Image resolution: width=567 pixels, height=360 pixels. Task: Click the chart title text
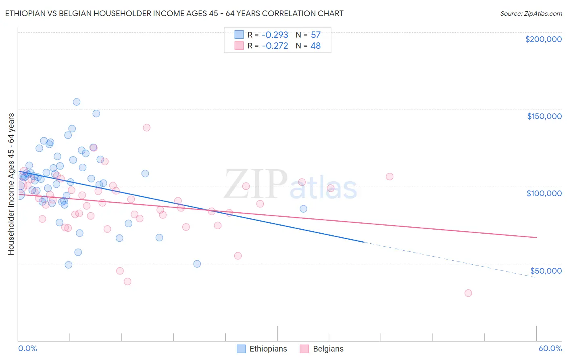(174, 13)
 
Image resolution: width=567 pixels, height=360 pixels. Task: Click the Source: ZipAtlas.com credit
(531, 13)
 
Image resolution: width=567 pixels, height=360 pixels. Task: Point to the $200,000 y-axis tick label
(543, 39)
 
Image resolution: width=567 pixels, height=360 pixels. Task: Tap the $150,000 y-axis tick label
(544, 116)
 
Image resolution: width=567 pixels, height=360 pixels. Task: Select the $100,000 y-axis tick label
(544, 193)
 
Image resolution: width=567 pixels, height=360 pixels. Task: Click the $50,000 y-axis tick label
(546, 270)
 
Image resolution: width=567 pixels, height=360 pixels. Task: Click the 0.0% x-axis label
(27, 348)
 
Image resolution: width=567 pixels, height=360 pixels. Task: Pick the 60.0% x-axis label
(550, 348)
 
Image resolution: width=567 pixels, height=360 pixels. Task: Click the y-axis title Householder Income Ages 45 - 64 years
(11, 184)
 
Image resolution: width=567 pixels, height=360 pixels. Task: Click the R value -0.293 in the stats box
(275, 35)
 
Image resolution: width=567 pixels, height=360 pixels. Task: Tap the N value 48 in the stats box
(315, 46)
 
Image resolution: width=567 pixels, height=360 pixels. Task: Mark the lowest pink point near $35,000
(468, 293)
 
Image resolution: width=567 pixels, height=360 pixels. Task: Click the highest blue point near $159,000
(76, 102)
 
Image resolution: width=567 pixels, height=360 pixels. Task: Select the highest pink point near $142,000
(146, 128)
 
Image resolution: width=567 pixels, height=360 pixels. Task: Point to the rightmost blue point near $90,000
(303, 209)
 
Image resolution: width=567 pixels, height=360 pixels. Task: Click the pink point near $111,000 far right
(390, 176)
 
